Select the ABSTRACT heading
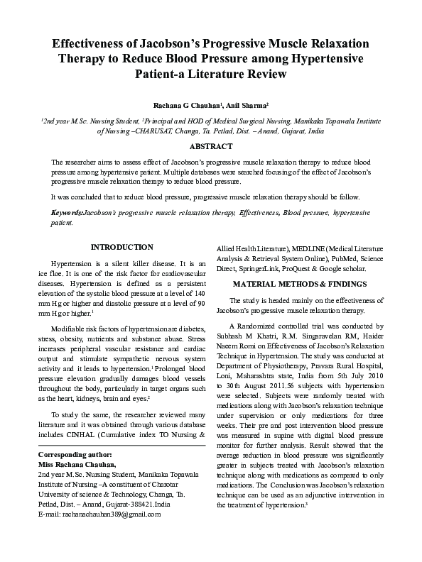tap(211, 146)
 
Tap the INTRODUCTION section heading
tap(122, 247)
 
